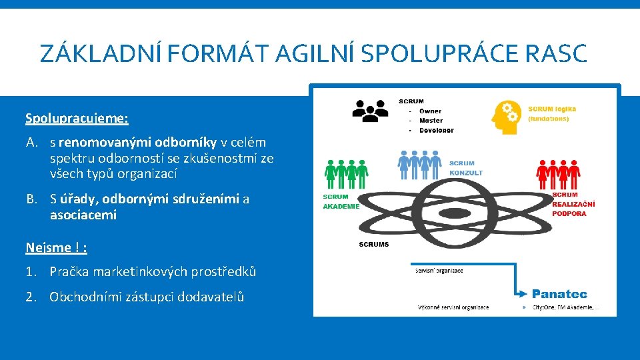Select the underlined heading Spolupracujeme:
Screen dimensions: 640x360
tap(77, 119)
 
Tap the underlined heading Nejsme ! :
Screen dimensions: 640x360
tap(56, 247)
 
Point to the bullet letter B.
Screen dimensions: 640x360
tap(31, 199)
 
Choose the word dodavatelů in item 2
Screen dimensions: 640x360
tap(212, 297)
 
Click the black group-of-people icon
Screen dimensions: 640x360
tap(369, 111)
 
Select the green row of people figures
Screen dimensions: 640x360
tap(346, 175)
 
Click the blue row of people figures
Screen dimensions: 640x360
tap(420, 164)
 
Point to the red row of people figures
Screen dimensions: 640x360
tap(558, 175)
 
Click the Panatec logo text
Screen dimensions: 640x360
tap(559, 293)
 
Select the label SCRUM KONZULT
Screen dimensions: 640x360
tap(465, 168)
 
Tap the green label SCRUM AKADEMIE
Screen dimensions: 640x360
tap(341, 201)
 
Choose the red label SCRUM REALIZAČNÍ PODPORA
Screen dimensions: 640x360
tap(573, 204)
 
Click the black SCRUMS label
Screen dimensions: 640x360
tap(374, 245)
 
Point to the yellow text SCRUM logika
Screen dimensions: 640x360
tap(552, 109)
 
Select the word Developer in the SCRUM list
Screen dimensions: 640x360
tap(437, 130)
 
